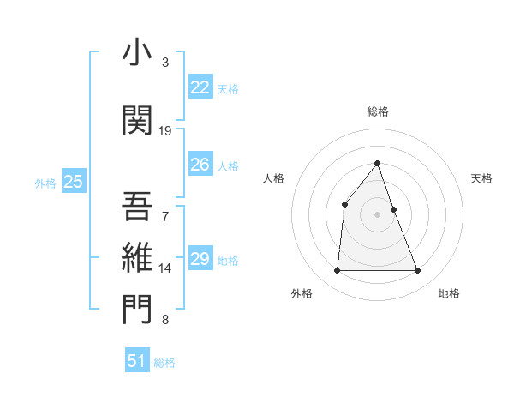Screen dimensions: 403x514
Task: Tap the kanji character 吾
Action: point(137,206)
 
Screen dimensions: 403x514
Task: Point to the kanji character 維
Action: point(137,257)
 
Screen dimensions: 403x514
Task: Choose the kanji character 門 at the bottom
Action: point(137,310)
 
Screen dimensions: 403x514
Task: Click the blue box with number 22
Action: point(200,87)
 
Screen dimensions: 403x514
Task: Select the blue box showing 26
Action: point(200,165)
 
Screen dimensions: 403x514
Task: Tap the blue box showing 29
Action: point(200,259)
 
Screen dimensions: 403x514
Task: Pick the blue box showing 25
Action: point(73,181)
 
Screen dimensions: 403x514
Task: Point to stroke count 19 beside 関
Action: point(165,131)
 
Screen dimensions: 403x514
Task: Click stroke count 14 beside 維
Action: point(165,268)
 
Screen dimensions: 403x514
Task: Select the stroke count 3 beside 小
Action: point(165,63)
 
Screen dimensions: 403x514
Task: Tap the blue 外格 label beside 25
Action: point(45,183)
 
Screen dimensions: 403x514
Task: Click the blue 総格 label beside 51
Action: point(164,363)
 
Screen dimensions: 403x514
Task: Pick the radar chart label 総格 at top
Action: point(378,111)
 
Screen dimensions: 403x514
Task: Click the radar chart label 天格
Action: point(482,178)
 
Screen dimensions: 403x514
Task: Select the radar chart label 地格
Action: point(449,294)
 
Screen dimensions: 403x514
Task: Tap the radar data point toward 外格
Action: point(337,271)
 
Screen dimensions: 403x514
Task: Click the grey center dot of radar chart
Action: point(378,214)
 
